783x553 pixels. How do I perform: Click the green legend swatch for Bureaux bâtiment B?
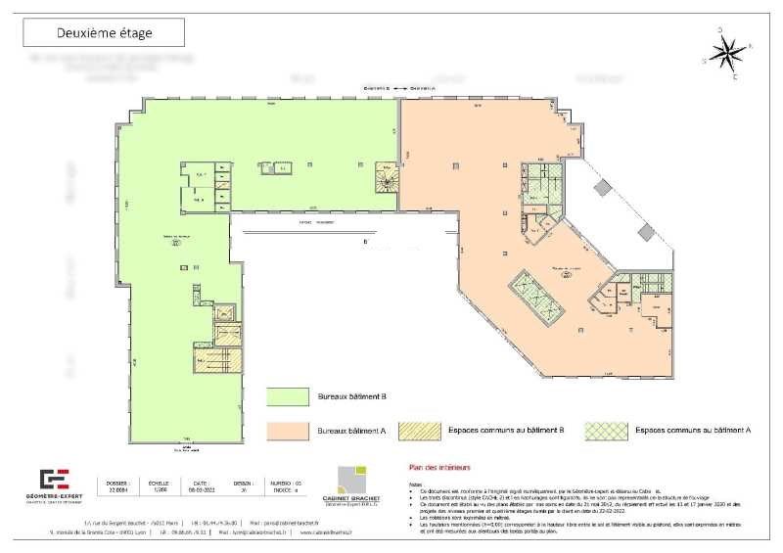click(x=289, y=395)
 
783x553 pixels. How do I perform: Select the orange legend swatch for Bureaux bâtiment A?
click(x=289, y=430)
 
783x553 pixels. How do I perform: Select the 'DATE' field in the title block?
click(x=200, y=486)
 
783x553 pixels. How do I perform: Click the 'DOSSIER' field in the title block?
click(x=117, y=486)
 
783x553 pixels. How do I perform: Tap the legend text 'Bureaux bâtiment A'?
click(x=349, y=431)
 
